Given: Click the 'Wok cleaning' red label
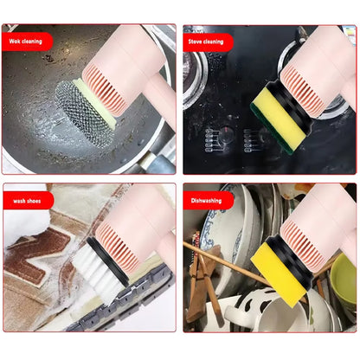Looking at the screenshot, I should pos(27,41).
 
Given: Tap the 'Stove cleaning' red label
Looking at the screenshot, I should pos(206,41).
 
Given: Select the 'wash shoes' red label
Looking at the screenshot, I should pos(25,200).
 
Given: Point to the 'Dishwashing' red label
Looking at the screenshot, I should pos(205,200).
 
